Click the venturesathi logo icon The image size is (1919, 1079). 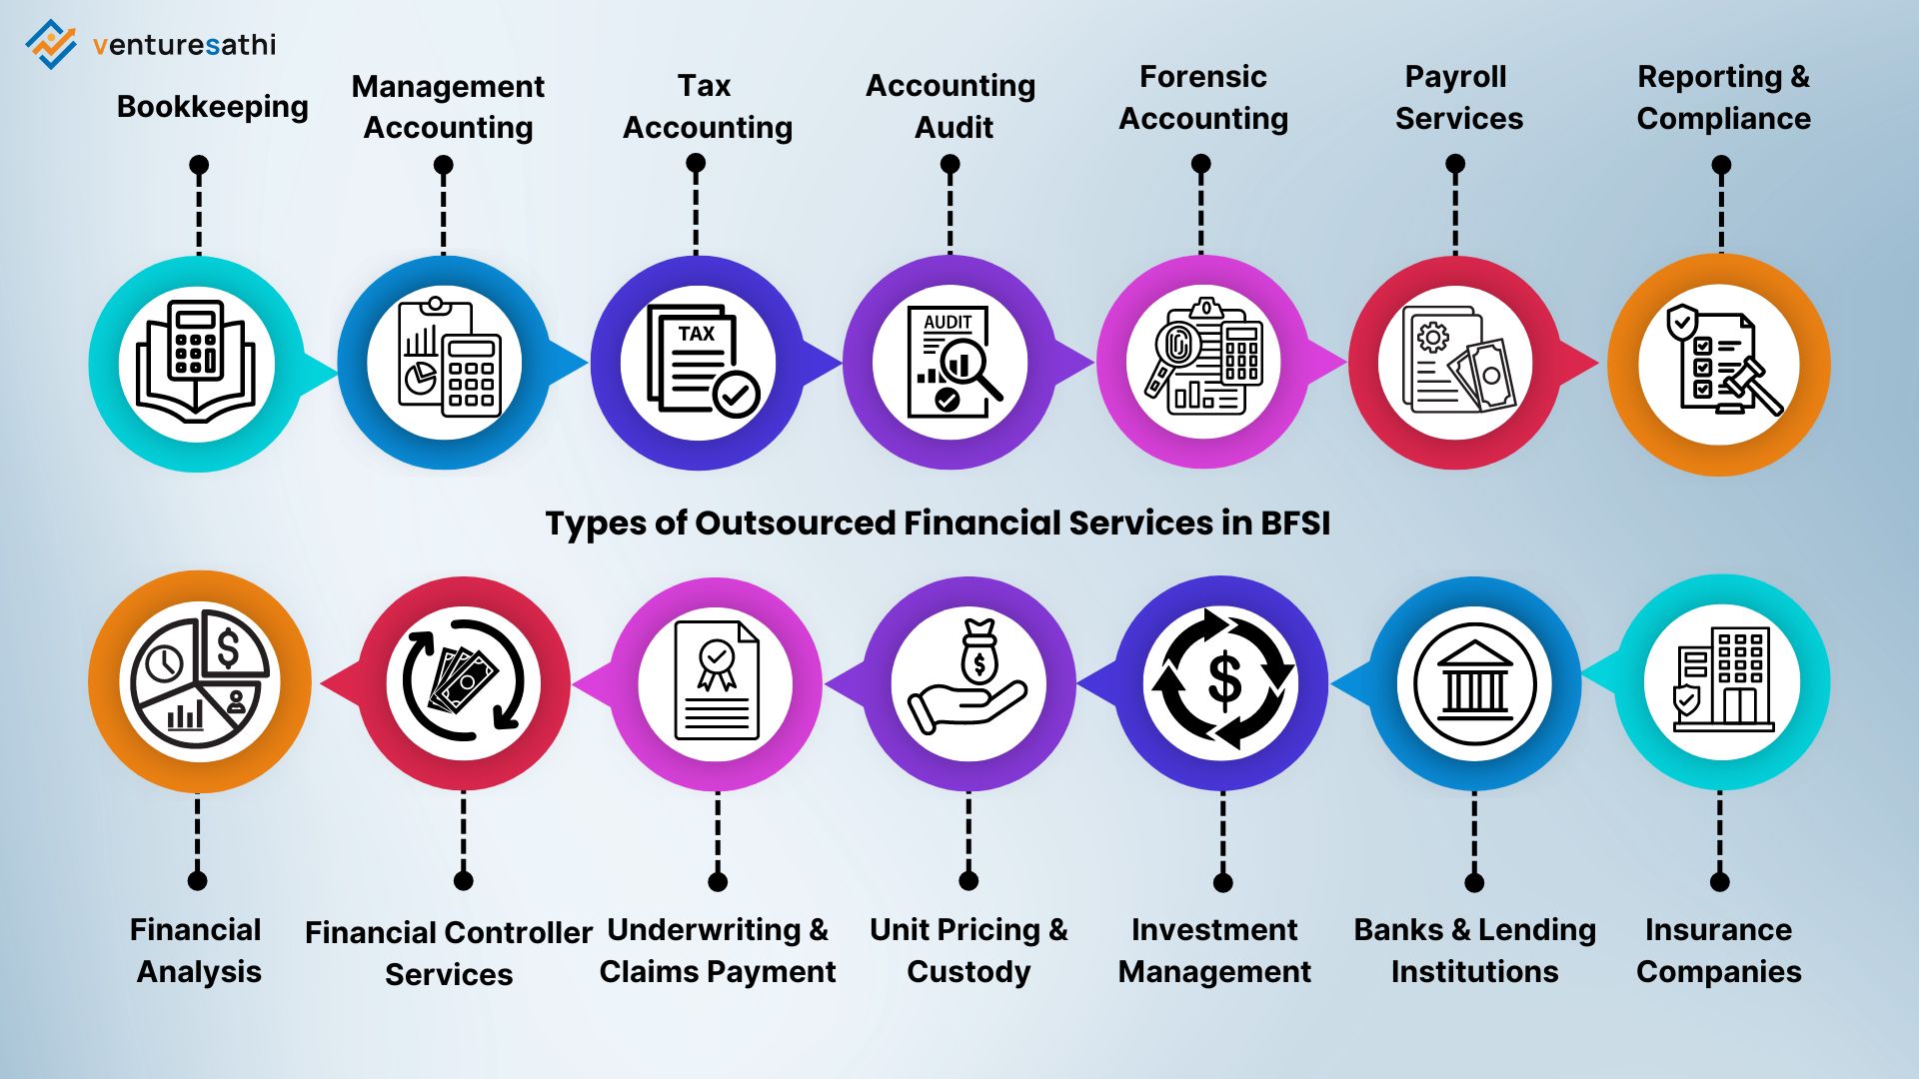pyautogui.click(x=50, y=44)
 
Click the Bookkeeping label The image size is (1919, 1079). pyautogui.click(x=212, y=106)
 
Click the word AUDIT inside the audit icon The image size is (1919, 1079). pyautogui.click(x=948, y=322)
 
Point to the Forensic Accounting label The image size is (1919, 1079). pyautogui.click(x=1202, y=98)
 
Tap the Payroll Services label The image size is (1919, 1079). pyautogui.click(x=1458, y=98)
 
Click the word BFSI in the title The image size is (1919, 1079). pyautogui.click(x=1295, y=524)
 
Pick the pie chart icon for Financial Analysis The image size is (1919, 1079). pyautogui.click(x=199, y=681)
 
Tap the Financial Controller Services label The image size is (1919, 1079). pyautogui.click(x=448, y=953)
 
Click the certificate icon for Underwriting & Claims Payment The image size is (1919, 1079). pyautogui.click(x=716, y=681)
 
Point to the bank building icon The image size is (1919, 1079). pyautogui.click(x=1473, y=683)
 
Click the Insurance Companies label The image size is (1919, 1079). pyautogui.click(x=1718, y=950)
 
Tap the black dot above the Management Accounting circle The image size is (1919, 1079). pyautogui.click(x=444, y=165)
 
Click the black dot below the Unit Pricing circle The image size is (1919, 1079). pyautogui.click(x=967, y=880)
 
